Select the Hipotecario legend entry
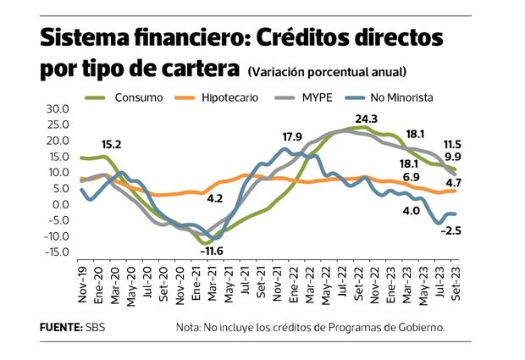(x=229, y=97)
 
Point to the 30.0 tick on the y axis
(x=56, y=109)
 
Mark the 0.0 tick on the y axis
(x=58, y=204)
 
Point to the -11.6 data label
(x=211, y=252)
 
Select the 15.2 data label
(x=112, y=144)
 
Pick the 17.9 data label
(x=292, y=136)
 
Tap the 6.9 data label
(x=412, y=177)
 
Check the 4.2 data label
(x=214, y=199)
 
